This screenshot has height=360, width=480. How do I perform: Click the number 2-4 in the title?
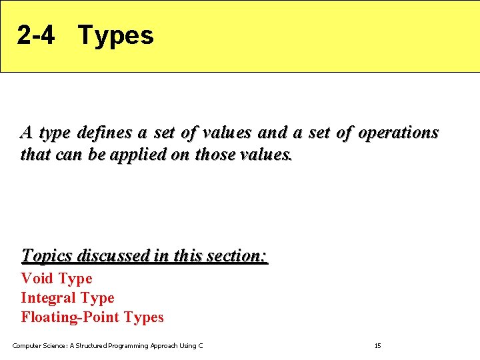coord(36,35)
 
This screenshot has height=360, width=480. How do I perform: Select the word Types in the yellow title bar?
coord(116,35)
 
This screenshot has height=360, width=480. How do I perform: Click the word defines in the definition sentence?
coord(105,133)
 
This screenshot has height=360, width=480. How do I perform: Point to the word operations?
coord(398,133)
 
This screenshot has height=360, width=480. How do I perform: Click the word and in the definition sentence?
coord(271,133)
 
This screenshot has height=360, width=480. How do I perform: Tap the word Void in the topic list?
coord(37,278)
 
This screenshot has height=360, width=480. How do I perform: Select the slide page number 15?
coord(377,345)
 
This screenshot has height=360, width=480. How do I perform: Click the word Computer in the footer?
coord(25,345)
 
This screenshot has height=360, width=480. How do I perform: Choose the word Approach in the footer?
coord(165,345)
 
